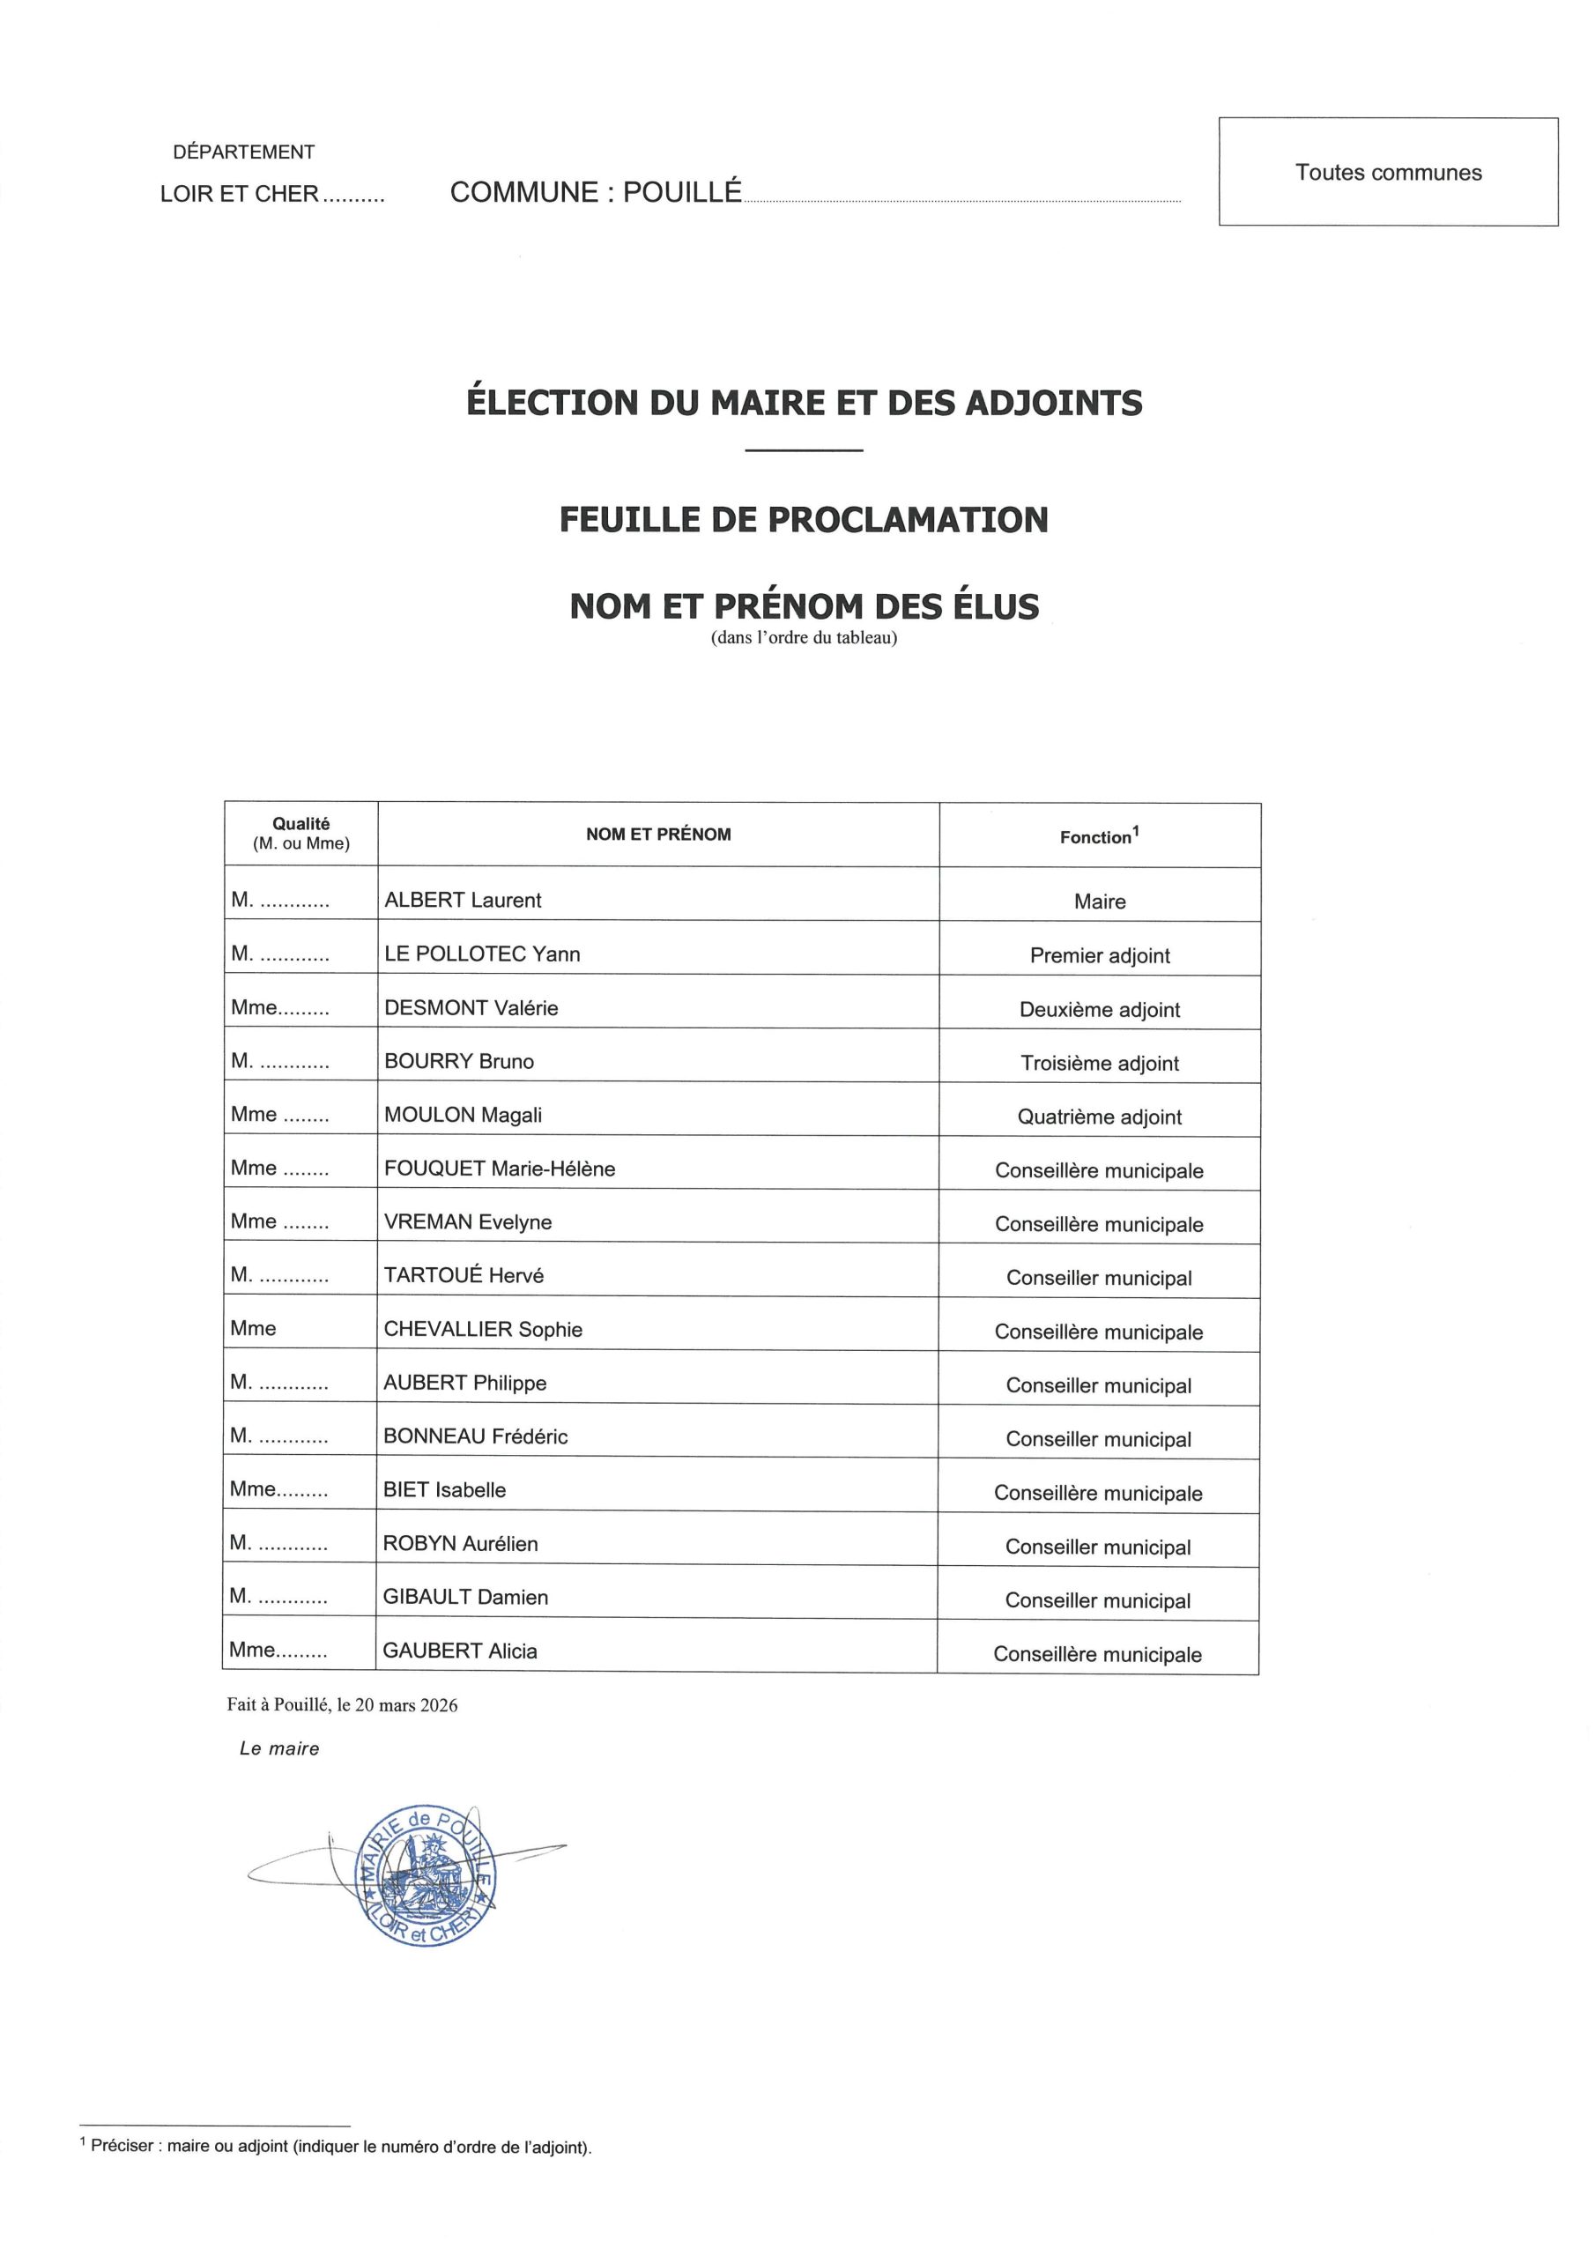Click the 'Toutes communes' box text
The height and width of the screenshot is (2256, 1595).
click(1388, 173)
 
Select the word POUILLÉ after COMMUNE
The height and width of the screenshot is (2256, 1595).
click(681, 193)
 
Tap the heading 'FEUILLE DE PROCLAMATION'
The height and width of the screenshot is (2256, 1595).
click(803, 520)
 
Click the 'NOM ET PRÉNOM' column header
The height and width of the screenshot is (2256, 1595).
click(657, 835)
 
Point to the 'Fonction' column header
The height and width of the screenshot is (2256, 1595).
click(1098, 836)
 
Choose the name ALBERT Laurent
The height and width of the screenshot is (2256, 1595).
click(462, 900)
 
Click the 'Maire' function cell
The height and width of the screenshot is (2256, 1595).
click(1099, 901)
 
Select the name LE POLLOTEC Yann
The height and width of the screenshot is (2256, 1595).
click(481, 954)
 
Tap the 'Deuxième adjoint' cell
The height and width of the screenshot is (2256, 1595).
click(1099, 1009)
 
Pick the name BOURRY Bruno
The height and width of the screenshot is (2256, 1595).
click(458, 1061)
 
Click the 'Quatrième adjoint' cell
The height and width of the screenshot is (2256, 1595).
click(1099, 1117)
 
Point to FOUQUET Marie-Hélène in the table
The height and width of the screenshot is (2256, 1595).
click(500, 1169)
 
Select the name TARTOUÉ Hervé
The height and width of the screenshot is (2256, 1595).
click(463, 1275)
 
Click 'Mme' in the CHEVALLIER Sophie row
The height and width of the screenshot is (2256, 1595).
click(253, 1328)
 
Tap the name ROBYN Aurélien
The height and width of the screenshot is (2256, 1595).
click(460, 1544)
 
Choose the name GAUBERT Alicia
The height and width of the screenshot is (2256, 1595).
click(460, 1651)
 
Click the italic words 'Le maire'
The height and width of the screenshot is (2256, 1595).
click(279, 1749)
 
